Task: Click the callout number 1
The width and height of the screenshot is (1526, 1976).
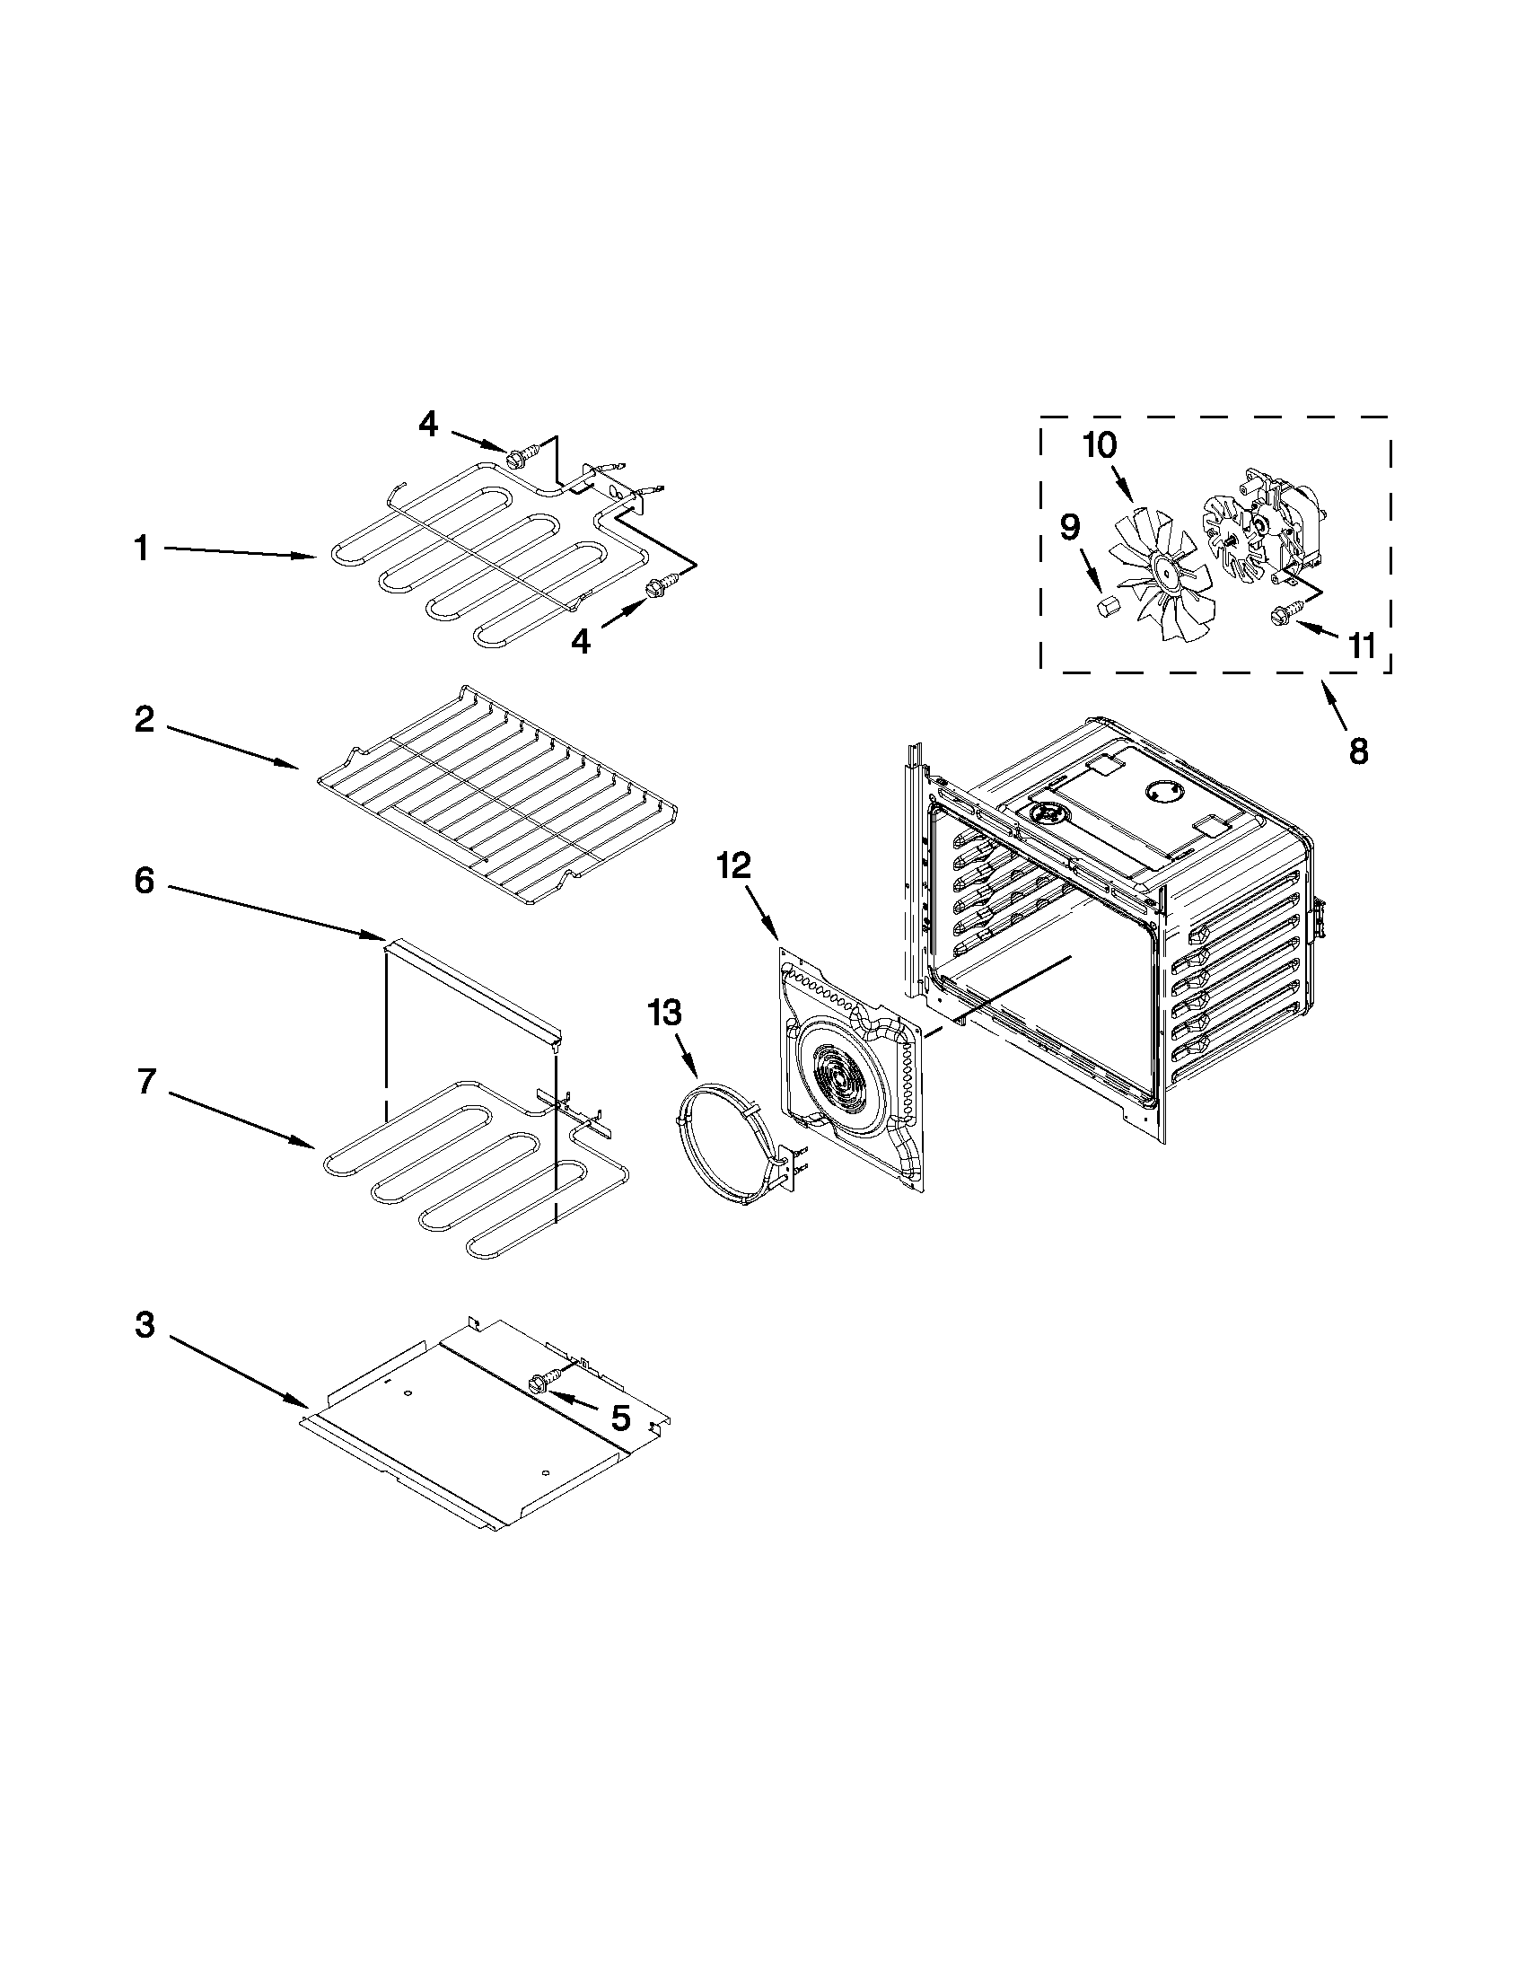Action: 141,549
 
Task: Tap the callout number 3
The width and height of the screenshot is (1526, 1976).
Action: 145,1325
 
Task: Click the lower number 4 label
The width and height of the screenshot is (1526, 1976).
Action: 581,642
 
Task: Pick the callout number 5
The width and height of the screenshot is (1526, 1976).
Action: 620,1418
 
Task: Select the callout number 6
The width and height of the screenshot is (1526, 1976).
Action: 145,881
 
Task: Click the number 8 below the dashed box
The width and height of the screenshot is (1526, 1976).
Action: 1359,749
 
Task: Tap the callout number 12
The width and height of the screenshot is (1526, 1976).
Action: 733,865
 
